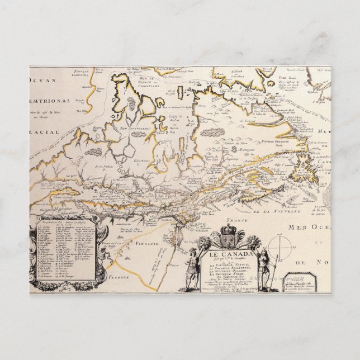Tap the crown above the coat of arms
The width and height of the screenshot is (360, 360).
(x=228, y=230)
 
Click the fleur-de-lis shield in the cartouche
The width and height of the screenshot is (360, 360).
(x=228, y=241)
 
